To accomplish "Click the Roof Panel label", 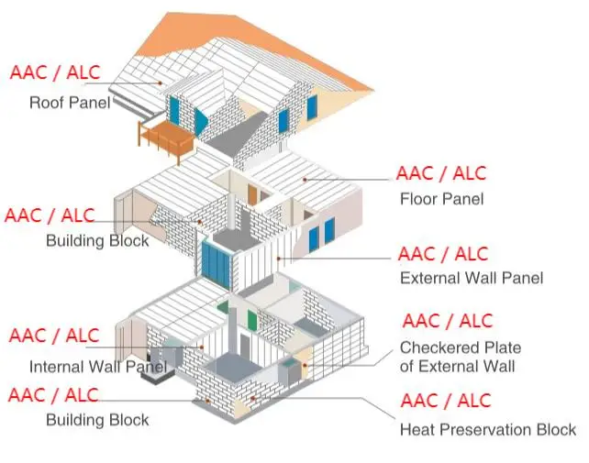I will coord(70,102).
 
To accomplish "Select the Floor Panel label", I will coord(441,198).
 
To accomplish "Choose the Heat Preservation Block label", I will coord(488,428).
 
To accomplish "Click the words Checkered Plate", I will coord(461,348).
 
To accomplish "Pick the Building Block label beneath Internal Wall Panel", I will coord(97,421).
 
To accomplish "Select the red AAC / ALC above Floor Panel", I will coord(441,173).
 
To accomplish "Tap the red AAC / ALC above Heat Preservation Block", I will coord(446,401).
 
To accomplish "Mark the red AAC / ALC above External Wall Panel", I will coord(443,253).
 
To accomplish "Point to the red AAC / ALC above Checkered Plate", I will coord(447,322).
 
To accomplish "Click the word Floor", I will coord(418,198).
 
